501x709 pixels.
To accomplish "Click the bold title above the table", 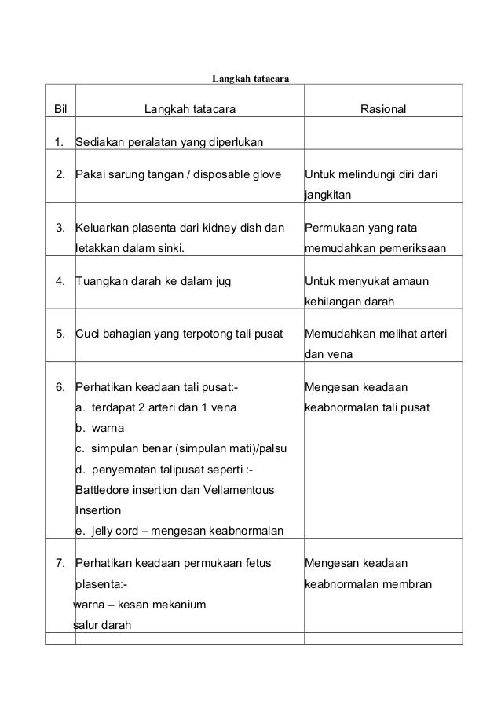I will point(251,79).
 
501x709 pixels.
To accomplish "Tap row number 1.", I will point(60,143).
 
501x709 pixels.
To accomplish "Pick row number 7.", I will point(60,562).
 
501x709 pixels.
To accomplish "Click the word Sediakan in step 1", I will point(99,143).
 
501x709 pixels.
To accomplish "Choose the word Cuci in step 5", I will point(86,335).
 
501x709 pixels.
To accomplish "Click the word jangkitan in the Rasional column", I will point(328,192).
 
